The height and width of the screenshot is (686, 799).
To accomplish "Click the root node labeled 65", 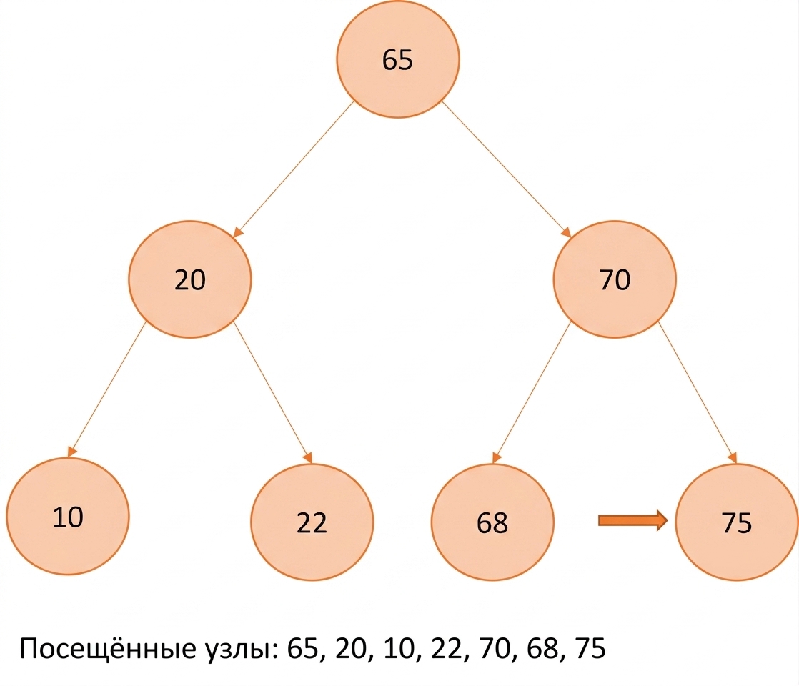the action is coord(397,59).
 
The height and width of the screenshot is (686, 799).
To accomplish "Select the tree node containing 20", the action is coord(189,279).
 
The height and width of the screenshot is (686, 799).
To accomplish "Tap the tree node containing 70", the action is coord(615,279).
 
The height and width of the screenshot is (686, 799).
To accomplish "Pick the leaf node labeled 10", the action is coord(68,516).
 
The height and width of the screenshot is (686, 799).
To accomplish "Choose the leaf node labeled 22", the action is coord(312,522).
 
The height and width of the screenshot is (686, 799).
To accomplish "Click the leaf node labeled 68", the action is coord(492,522).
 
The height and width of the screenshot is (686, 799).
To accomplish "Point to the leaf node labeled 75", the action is coord(737,522).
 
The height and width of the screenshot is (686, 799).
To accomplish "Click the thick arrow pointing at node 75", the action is coord(633,520).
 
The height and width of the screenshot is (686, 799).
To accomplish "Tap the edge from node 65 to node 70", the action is coord(507,169).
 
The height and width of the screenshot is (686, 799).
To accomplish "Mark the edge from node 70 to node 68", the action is coord(532,392).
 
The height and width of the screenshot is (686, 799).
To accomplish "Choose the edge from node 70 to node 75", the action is coord(698,392).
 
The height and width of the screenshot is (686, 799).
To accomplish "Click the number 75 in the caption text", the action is coord(590,649).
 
